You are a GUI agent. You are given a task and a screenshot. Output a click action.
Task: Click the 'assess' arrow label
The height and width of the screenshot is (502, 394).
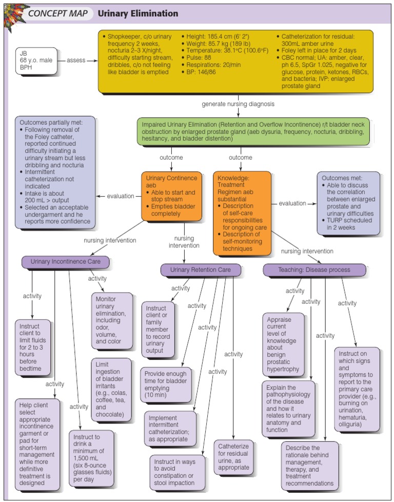coord(76,61)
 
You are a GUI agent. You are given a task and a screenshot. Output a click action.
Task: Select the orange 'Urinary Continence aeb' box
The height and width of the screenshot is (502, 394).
coord(167,195)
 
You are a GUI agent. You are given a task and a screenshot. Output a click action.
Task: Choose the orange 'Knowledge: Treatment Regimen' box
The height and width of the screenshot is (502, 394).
coord(242,212)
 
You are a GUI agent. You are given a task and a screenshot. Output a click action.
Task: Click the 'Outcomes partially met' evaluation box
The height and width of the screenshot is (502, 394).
coord(55,172)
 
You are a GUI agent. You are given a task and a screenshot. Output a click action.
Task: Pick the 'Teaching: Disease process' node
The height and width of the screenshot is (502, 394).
coord(314,269)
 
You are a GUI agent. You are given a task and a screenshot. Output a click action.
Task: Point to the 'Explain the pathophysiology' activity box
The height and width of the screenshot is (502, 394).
coord(290,408)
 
